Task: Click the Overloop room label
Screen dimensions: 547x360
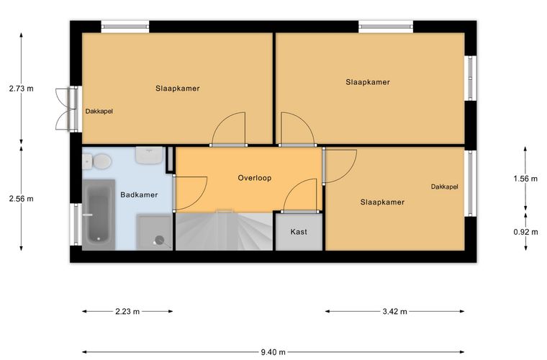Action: tap(255, 178)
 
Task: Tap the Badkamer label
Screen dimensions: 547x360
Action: tap(139, 194)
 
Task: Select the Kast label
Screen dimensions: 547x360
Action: tap(299, 232)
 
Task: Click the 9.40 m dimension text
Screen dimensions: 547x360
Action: tap(273, 352)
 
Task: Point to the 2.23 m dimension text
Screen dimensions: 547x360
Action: tap(127, 311)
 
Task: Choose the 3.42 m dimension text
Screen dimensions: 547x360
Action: tap(394, 311)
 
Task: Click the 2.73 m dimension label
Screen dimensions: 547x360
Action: tap(22, 89)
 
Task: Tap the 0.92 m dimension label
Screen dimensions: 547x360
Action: tap(525, 232)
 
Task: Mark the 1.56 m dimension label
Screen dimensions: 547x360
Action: tap(525, 179)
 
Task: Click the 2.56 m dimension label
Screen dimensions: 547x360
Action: tap(22, 199)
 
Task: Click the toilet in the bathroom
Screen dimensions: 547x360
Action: tap(97, 161)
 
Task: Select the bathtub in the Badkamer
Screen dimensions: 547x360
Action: tap(99, 215)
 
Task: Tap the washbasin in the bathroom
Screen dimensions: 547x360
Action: tap(149, 156)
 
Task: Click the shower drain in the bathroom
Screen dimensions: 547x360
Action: tap(160, 240)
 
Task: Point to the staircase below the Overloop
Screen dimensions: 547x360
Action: tap(224, 230)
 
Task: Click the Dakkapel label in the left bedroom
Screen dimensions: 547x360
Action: tap(99, 112)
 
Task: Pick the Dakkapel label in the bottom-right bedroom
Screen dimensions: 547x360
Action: tap(445, 186)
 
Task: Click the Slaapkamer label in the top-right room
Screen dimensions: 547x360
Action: tap(368, 82)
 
